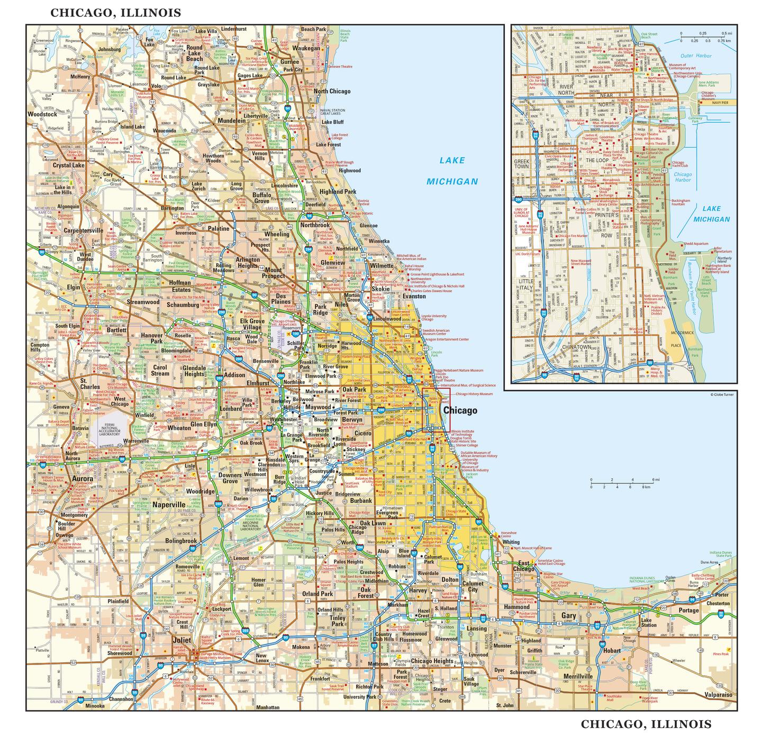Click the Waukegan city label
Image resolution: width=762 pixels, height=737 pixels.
(x=306, y=48)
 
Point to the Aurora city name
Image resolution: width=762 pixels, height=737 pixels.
(x=82, y=479)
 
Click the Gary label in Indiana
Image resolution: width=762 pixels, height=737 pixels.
(x=568, y=616)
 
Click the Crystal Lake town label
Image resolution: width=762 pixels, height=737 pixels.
(x=69, y=165)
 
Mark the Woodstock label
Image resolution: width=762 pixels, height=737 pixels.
(x=42, y=114)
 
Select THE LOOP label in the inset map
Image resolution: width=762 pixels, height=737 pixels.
(x=596, y=159)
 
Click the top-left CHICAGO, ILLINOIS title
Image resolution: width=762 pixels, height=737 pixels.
(x=115, y=13)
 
